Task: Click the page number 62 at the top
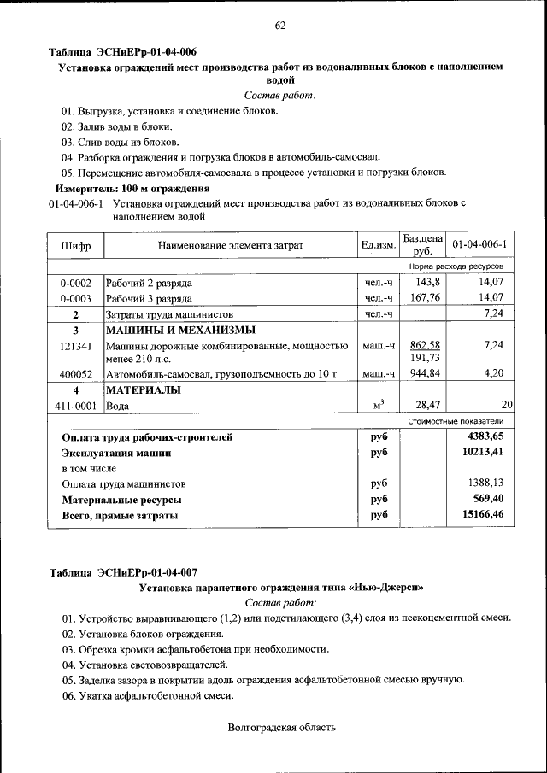click(x=280, y=25)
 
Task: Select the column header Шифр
click(x=75, y=245)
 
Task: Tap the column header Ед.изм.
click(x=378, y=245)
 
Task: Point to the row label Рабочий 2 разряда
click(x=149, y=282)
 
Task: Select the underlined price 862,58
click(x=425, y=344)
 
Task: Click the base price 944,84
click(x=425, y=373)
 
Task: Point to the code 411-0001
click(x=75, y=406)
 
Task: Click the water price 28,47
click(x=426, y=406)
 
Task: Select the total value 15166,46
click(x=483, y=515)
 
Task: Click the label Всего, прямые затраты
click(x=120, y=516)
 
